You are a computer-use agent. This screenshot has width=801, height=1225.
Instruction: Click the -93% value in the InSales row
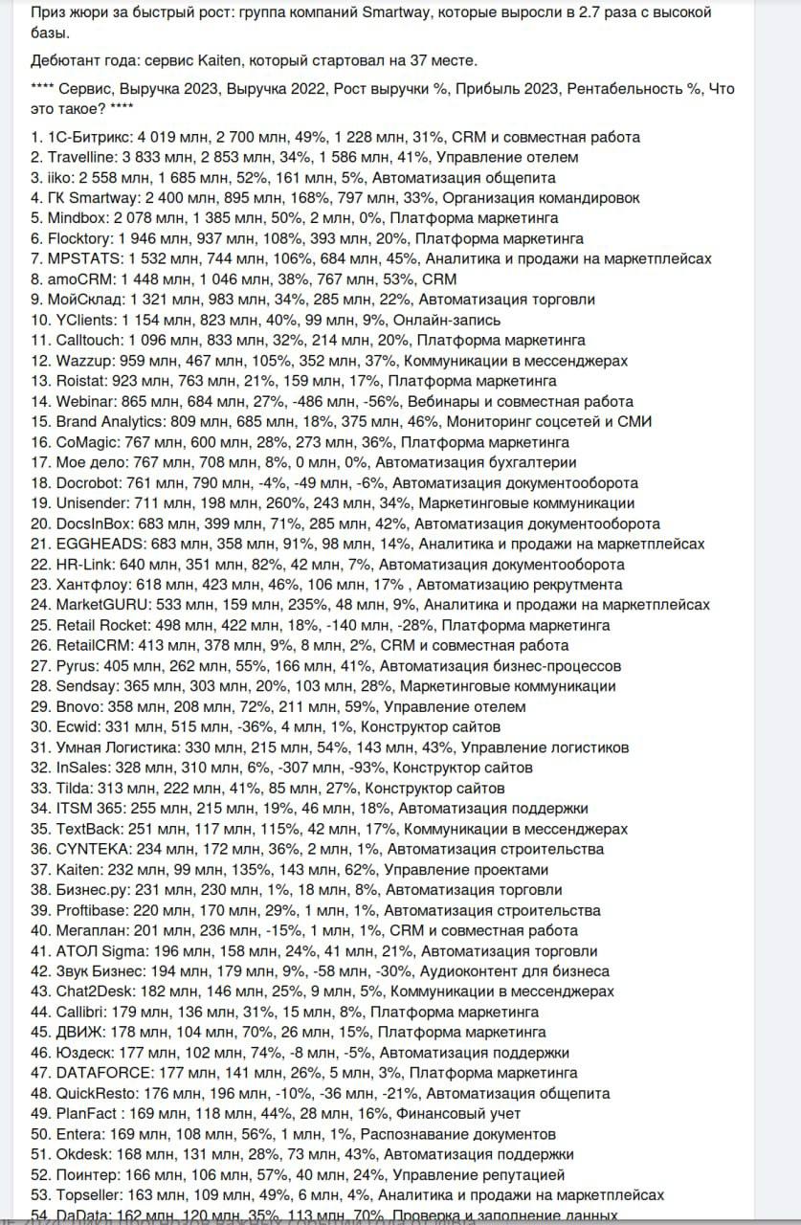pyautogui.click(x=364, y=768)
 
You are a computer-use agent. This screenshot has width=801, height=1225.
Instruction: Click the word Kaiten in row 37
pyautogui.click(x=78, y=869)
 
